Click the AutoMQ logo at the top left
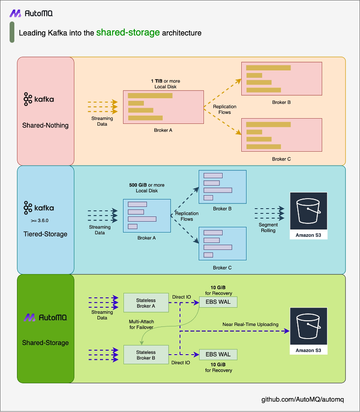(31, 13)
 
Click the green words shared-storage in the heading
(128, 33)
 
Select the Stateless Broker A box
(146, 302)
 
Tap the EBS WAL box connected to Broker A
(218, 302)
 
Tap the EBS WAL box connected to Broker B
(218, 354)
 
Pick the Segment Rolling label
(268, 228)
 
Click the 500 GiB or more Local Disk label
(147, 188)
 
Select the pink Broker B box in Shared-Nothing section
(282, 79)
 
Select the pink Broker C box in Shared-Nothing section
(282, 135)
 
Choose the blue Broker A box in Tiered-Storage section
(147, 216)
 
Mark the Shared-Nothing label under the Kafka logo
(45, 125)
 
